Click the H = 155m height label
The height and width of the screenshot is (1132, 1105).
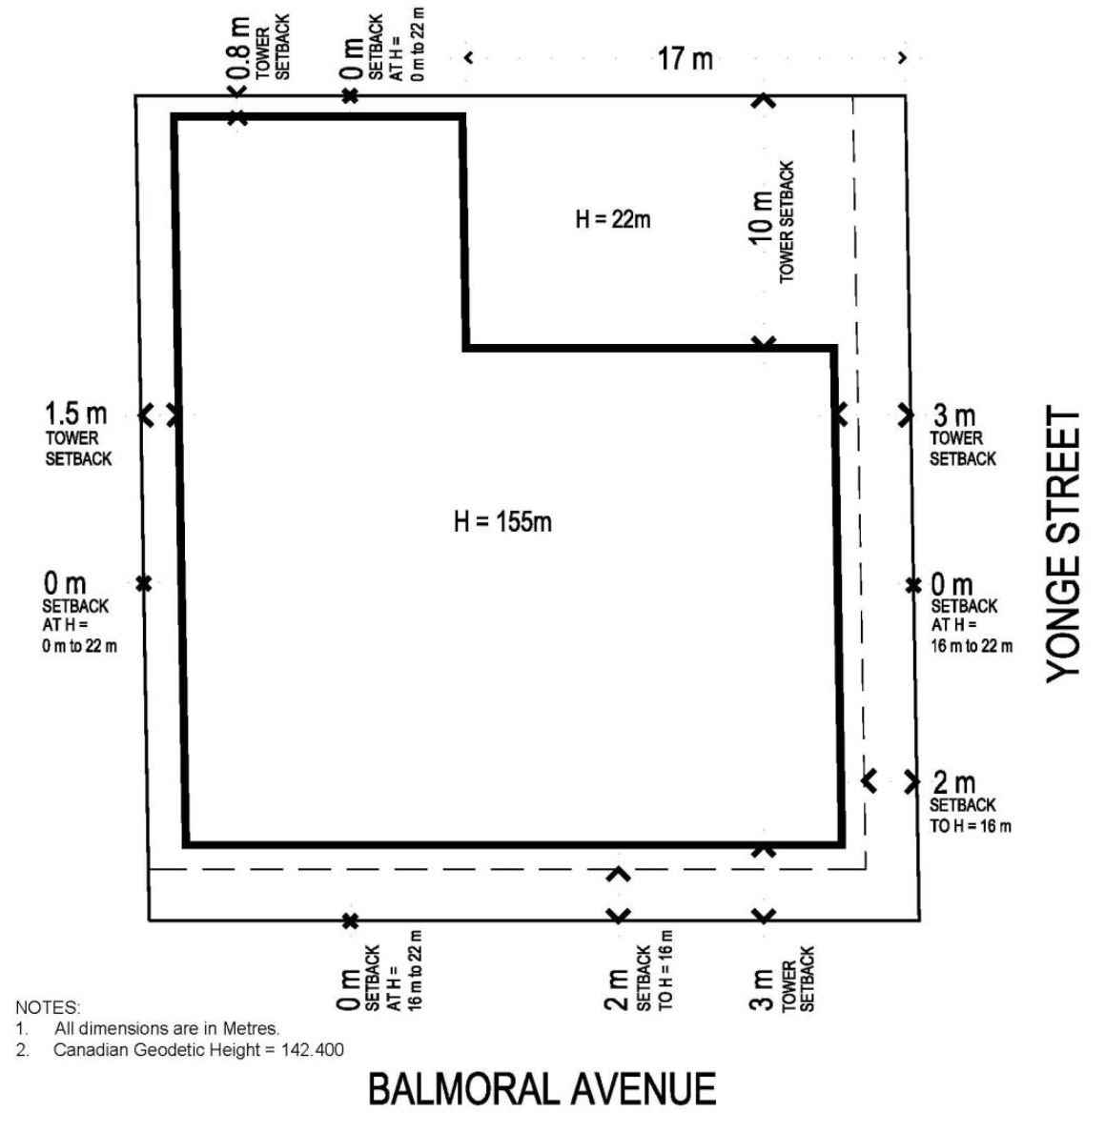(x=502, y=521)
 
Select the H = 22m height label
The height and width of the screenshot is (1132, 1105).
(x=612, y=219)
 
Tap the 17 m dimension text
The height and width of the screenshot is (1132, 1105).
(x=685, y=59)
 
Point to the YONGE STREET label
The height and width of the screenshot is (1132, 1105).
(x=1063, y=544)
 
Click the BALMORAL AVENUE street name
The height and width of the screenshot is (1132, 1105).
(x=542, y=1089)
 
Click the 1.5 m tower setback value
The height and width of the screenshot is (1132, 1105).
(x=76, y=414)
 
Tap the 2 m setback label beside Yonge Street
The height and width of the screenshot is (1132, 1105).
(x=954, y=782)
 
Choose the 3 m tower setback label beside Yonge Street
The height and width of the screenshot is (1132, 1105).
(x=954, y=415)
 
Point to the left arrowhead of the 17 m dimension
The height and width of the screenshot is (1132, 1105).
(x=469, y=58)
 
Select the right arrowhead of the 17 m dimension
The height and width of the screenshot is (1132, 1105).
(x=902, y=58)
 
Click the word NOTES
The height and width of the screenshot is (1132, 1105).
(x=48, y=1008)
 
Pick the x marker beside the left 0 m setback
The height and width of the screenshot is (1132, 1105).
(x=144, y=582)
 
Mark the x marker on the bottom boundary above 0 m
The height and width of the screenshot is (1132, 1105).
(x=350, y=921)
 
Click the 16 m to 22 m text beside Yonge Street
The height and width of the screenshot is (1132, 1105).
(x=972, y=645)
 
